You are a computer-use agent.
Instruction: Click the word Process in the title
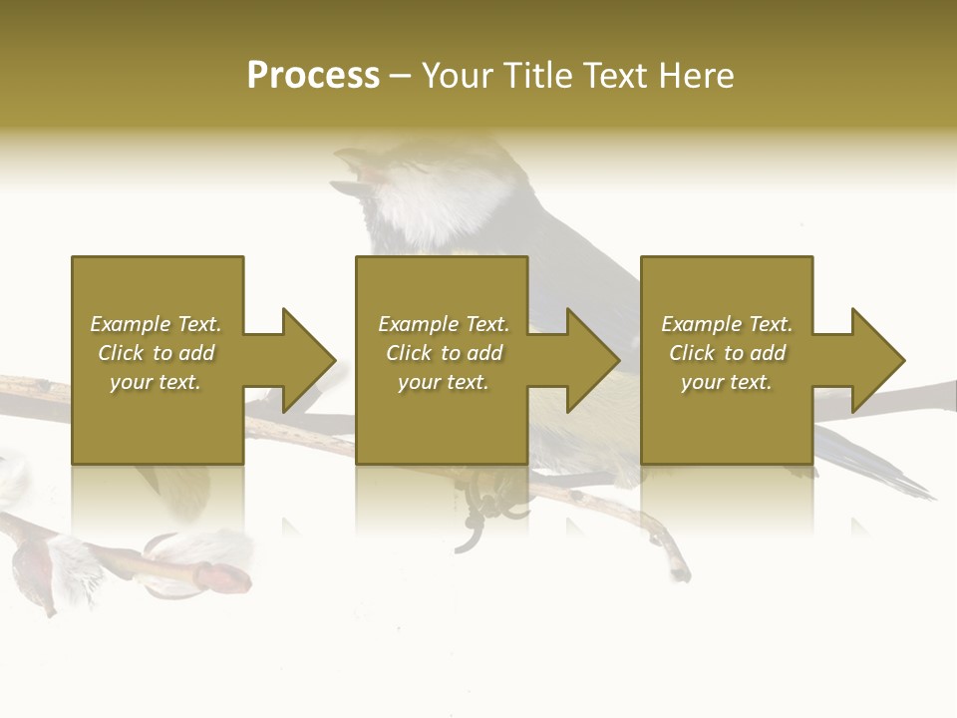[x=313, y=76]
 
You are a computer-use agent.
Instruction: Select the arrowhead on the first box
[x=304, y=360]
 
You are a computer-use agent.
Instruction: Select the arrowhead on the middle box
[x=589, y=360]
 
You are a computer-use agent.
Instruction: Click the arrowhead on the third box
[x=874, y=360]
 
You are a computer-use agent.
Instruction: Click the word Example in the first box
[x=130, y=324]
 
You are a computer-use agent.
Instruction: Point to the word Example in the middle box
[x=418, y=324]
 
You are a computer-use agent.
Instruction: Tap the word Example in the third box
[x=701, y=324]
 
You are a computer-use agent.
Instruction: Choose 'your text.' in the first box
[x=156, y=382]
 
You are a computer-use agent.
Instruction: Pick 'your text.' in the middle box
[x=444, y=382]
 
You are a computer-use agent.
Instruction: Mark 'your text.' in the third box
[x=727, y=382]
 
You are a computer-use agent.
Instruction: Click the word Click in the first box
[x=121, y=353]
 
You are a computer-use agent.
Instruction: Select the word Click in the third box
[x=692, y=353]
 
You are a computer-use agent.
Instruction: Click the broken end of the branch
[x=681, y=572]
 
